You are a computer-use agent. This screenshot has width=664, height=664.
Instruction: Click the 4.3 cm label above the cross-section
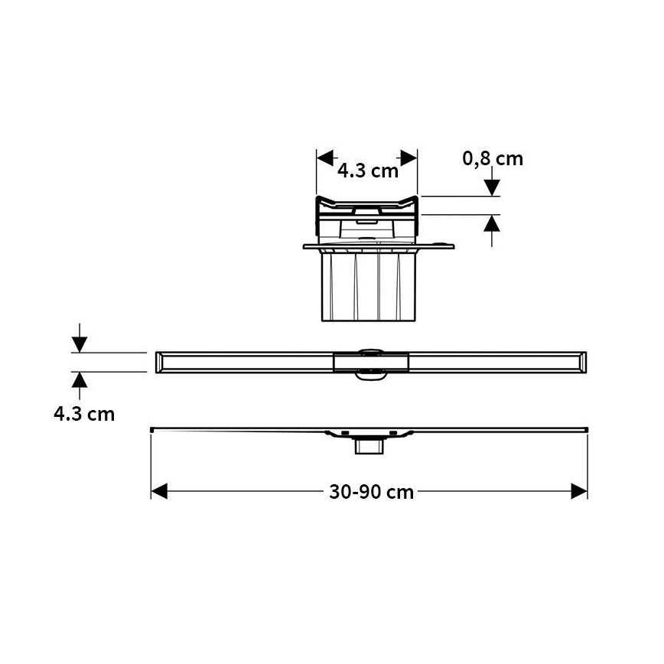pyautogui.click(x=368, y=171)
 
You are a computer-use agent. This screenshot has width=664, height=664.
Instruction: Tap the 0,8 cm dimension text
pyautogui.click(x=493, y=158)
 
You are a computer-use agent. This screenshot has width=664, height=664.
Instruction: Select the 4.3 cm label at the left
pyautogui.click(x=84, y=414)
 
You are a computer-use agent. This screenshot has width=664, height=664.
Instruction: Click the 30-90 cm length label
pyautogui.click(x=371, y=492)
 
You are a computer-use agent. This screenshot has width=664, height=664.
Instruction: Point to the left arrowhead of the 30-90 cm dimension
pyautogui.click(x=158, y=491)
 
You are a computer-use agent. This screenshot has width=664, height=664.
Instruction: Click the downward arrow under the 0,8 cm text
pyautogui.click(x=492, y=186)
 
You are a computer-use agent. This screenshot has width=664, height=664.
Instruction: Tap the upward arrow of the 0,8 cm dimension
pyautogui.click(x=492, y=224)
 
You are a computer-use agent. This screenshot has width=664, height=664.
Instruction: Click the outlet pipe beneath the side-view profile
pyautogui.click(x=368, y=446)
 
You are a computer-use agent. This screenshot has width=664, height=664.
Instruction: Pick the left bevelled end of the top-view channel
pyautogui.click(x=161, y=362)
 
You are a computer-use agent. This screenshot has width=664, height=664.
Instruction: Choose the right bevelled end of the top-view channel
pyautogui.click(x=582, y=362)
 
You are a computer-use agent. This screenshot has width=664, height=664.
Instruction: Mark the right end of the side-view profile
pyautogui.click(x=585, y=429)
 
